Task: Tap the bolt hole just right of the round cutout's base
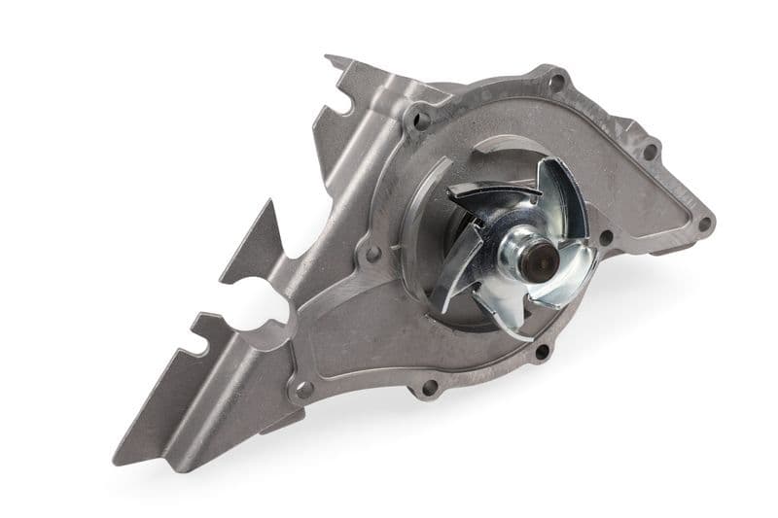[302, 391]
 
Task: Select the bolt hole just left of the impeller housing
[372, 255]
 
